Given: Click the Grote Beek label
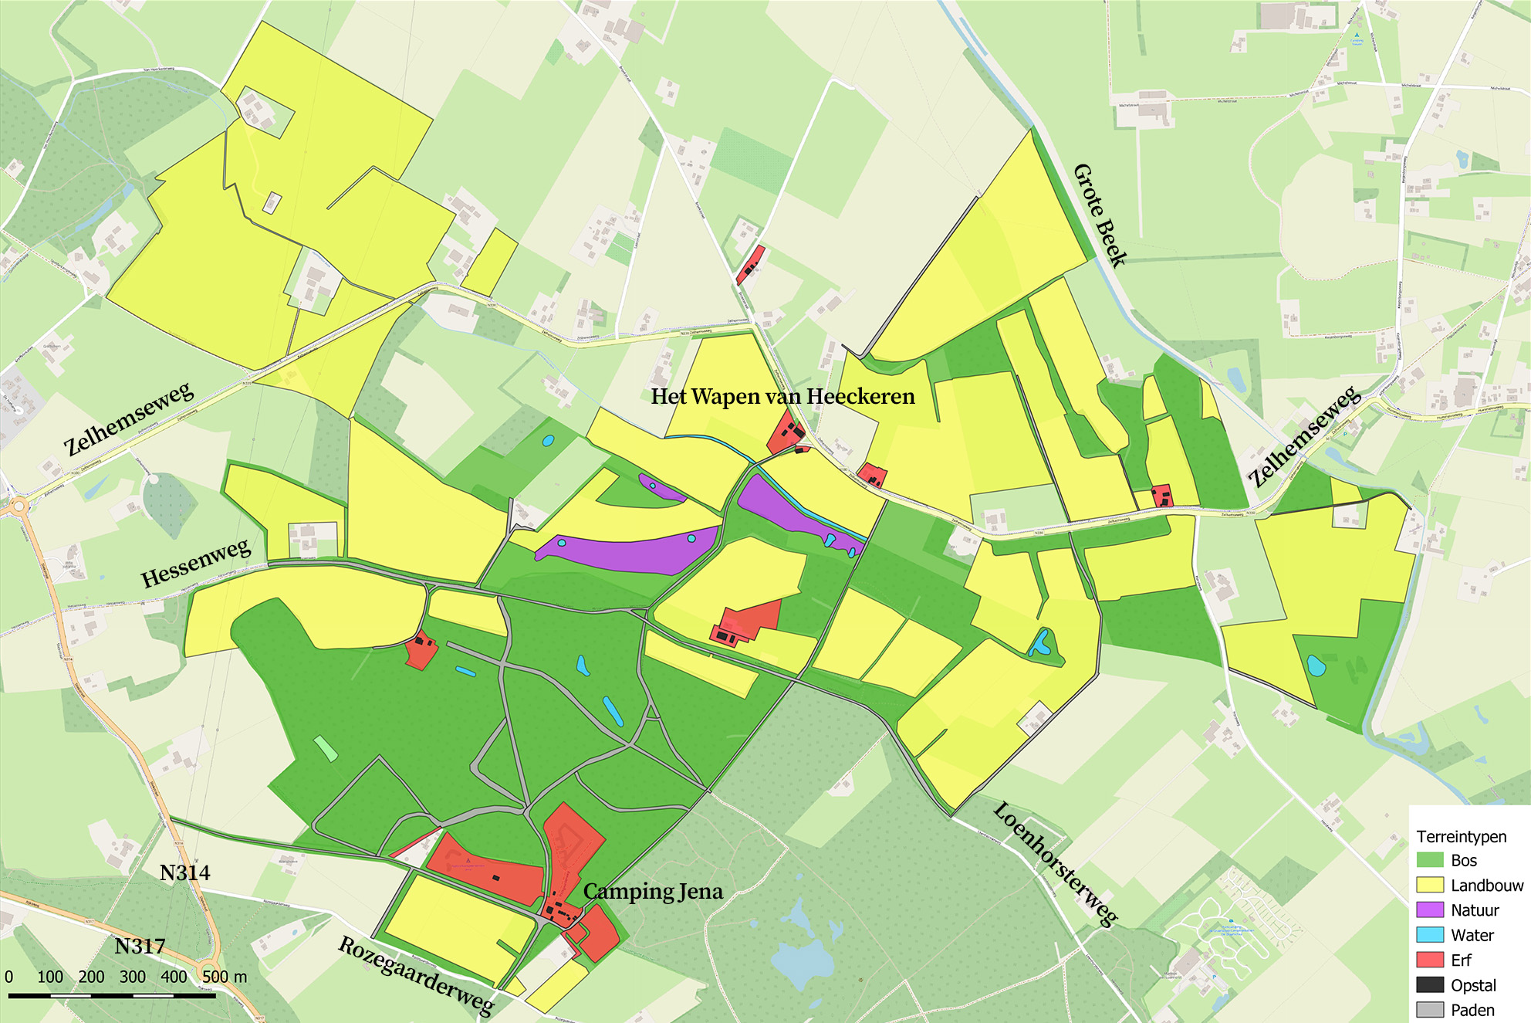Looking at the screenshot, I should click(x=1100, y=215).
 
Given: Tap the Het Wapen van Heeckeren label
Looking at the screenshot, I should click(x=782, y=397).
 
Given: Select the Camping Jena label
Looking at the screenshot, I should click(x=653, y=892).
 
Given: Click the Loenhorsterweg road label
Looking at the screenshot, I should click(x=1055, y=863).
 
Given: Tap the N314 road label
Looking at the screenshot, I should click(x=184, y=873).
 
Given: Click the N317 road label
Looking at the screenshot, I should click(x=140, y=947).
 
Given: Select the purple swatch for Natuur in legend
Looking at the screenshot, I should click(x=1430, y=910).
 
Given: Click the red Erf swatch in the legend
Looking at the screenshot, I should click(x=1430, y=960).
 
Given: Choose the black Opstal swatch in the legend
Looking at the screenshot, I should click(x=1430, y=984).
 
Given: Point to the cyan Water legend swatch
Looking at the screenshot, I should click(x=1430, y=934).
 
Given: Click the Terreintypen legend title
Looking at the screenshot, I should click(x=1461, y=837).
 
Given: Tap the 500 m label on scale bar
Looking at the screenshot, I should click(x=225, y=977).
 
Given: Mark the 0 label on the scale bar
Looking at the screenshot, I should click(x=9, y=977).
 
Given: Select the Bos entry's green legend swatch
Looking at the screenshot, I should click(x=1430, y=860).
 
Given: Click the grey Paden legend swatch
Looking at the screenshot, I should click(x=1430, y=1009).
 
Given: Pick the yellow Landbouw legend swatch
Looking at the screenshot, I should click(x=1430, y=885).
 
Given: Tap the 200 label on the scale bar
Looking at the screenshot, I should click(x=91, y=977).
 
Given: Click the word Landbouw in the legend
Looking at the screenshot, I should click(x=1487, y=886).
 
